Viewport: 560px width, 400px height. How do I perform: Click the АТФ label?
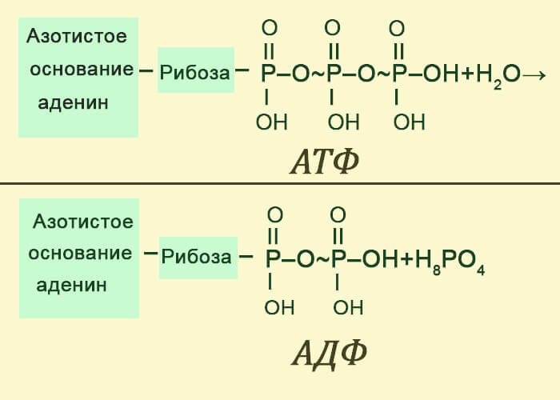click(x=324, y=161)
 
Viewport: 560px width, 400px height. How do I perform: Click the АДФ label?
click(x=330, y=354)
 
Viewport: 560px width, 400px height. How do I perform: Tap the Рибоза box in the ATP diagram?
click(x=196, y=70)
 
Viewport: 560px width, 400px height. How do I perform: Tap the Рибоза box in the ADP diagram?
click(x=198, y=258)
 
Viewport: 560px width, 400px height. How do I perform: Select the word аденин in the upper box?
click(x=74, y=103)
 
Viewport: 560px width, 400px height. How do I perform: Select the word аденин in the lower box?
click(x=72, y=285)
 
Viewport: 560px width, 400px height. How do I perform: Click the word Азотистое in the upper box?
click(x=77, y=37)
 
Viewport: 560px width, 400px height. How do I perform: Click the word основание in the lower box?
click(x=80, y=254)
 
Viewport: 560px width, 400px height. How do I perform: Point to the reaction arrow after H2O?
click(x=534, y=75)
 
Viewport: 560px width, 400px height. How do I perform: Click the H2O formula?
click(x=498, y=75)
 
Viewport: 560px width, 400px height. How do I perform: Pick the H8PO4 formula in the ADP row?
click(x=450, y=261)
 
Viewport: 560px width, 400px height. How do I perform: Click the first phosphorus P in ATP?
click(x=268, y=74)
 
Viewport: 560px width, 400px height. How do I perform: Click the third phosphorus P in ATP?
click(x=399, y=74)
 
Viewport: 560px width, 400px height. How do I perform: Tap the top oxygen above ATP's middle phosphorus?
click(x=333, y=27)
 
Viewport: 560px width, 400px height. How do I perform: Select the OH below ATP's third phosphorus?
click(x=410, y=122)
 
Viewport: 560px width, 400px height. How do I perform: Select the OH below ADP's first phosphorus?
click(x=280, y=307)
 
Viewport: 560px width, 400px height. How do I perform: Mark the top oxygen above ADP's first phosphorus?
click(x=275, y=214)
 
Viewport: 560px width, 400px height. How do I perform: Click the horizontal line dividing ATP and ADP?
click(x=280, y=184)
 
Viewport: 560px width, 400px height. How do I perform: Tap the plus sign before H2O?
click(x=467, y=74)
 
